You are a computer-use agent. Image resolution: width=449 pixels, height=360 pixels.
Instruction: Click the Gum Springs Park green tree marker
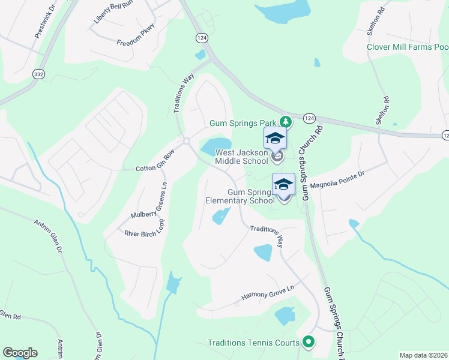(286, 122)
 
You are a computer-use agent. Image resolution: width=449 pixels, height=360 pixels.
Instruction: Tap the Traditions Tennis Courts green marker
(309, 343)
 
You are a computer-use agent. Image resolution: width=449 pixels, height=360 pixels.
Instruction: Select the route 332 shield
(38, 73)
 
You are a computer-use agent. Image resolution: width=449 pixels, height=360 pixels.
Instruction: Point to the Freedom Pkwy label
(136, 35)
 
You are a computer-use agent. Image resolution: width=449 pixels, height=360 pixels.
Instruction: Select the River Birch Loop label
(144, 227)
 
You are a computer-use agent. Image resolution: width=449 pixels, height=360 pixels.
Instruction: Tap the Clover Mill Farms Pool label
(408, 47)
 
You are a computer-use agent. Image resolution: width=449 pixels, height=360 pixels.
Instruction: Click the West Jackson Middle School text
(241, 157)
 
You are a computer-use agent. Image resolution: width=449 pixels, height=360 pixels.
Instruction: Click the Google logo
(20, 353)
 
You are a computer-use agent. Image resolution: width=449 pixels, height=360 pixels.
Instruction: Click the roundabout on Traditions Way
(186, 142)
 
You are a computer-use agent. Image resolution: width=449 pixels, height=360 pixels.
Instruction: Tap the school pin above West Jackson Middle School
(275, 139)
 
